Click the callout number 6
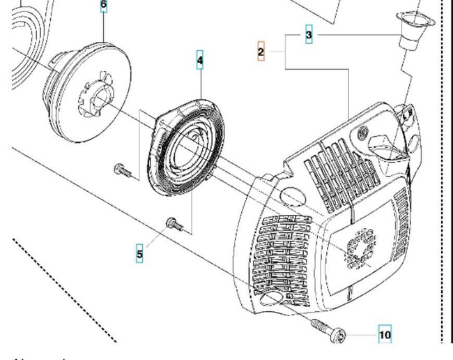[104, 6]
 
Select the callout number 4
[200, 61]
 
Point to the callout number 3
[309, 34]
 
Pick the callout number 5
[139, 254]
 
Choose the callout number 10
[385, 335]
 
